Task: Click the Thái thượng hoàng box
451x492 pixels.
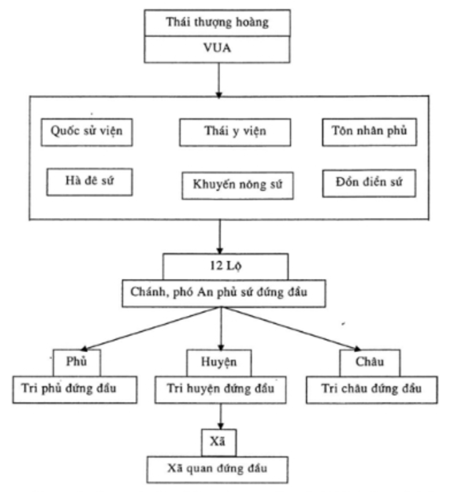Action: (x=217, y=22)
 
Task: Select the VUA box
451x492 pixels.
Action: (x=217, y=49)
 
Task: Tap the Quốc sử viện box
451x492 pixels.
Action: (x=86, y=132)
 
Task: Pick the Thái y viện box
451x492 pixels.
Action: (x=235, y=132)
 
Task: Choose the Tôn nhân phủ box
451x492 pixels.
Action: (x=369, y=131)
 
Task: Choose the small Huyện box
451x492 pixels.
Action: (x=219, y=363)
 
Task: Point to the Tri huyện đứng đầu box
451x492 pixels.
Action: (x=220, y=389)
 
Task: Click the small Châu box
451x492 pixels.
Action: (x=370, y=363)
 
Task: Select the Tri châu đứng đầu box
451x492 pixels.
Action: (x=371, y=389)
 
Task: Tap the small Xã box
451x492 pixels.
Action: (x=218, y=442)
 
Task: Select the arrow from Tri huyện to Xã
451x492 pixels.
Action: (x=220, y=416)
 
